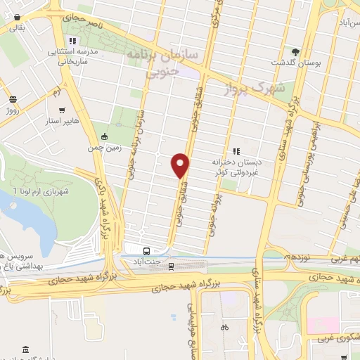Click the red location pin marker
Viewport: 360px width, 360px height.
(181, 165)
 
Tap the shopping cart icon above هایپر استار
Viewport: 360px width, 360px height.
(63, 110)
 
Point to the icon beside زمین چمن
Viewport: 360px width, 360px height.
(105, 136)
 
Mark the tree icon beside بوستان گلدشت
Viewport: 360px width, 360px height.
(296, 52)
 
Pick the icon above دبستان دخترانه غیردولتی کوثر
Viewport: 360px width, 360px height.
(236, 150)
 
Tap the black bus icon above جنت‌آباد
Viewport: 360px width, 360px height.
(146, 250)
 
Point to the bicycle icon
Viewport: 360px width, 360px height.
(224, 327)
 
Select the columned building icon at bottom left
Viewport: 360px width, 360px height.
(25, 349)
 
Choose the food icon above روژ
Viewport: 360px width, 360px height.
(12, 99)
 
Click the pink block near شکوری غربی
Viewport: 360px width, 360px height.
(322, 326)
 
